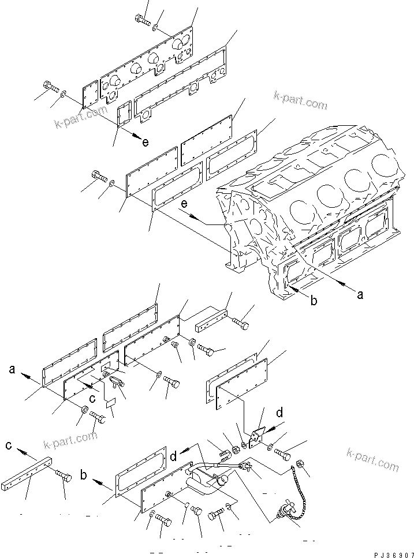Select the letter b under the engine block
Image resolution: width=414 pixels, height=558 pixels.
(314, 301)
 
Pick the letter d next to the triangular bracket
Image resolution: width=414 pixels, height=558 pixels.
(279, 413)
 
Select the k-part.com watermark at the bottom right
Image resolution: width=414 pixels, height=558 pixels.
(372, 459)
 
